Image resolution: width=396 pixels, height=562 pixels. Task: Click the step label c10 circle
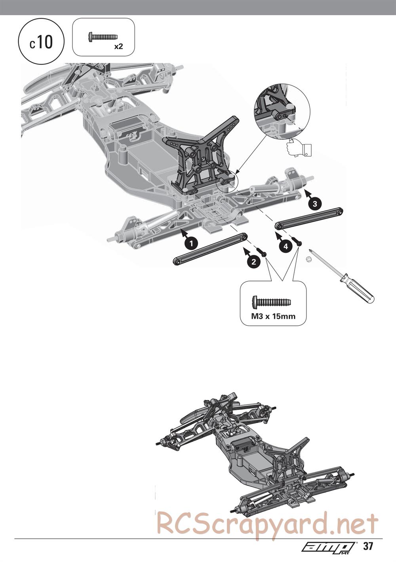[41, 42]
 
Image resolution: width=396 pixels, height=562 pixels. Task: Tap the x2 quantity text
[118, 47]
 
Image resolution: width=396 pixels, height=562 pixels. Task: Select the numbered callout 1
[191, 243]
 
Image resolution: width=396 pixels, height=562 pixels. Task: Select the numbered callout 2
[253, 261]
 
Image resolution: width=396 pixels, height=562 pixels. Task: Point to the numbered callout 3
[314, 204]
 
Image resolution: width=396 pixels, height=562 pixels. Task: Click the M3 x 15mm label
[274, 316]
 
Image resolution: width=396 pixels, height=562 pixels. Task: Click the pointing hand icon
[300, 148]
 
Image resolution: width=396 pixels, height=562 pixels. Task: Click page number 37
[368, 547]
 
